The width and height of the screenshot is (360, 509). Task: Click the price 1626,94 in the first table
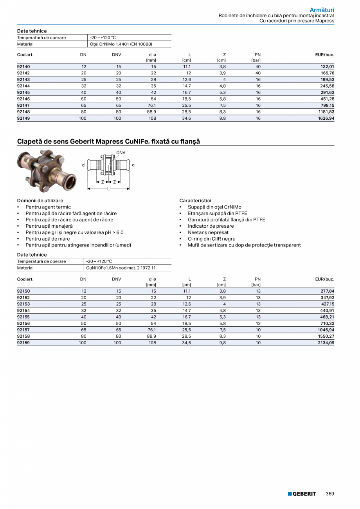pos(326,118)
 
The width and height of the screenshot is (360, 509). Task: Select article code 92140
pos(23,67)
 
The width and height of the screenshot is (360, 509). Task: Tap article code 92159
pos(23,343)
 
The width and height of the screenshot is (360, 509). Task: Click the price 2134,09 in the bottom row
pos(326,343)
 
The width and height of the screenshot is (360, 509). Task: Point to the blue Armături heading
pos(322,9)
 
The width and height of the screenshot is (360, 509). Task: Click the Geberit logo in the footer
pos(302,494)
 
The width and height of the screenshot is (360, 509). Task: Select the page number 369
pos(330,494)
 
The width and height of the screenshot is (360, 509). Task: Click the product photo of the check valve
pos(47,171)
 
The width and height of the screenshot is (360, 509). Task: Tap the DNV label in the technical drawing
pos(121,152)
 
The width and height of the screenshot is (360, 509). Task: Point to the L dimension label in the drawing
pos(108,189)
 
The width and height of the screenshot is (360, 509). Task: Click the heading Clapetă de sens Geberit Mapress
pos(108,141)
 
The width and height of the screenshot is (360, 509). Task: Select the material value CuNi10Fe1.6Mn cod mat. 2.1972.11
pos(119,268)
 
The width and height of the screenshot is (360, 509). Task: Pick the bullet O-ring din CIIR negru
pos(211,239)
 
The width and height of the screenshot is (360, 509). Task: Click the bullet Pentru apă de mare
pos(48,239)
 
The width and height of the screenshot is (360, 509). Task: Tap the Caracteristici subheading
pos(195,201)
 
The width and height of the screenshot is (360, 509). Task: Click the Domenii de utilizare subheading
pos(40,201)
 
